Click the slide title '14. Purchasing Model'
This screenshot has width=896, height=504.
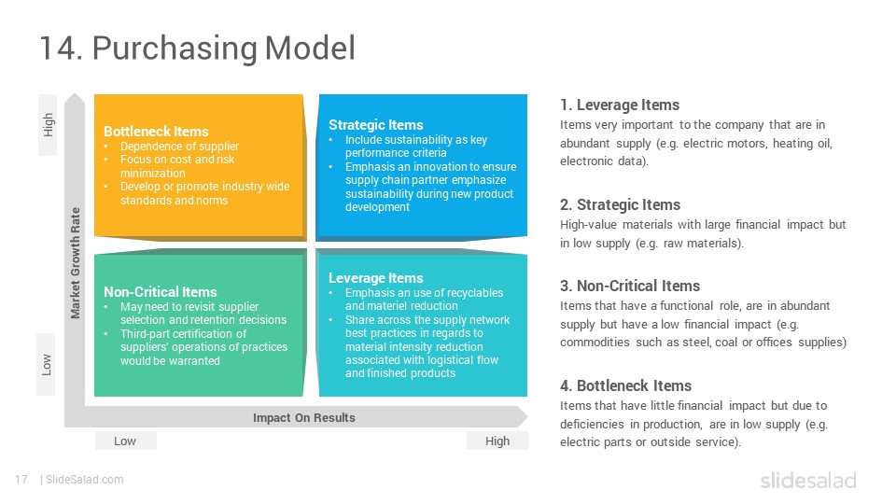pos(198,48)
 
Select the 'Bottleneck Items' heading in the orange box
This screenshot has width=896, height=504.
pos(156,132)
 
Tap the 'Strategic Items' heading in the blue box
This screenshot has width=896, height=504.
pos(376,125)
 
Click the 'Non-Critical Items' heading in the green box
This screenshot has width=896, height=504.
pos(161,292)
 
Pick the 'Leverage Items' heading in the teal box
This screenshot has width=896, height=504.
pos(376,278)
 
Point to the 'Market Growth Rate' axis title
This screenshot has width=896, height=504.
pos(75,263)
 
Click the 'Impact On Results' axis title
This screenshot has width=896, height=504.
pos(304,418)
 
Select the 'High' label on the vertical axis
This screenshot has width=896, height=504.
pos(48,124)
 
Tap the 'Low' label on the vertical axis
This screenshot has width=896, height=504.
pos(47,365)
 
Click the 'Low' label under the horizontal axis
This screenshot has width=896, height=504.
pos(124,441)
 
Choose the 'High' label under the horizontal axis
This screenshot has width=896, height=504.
pos(497,441)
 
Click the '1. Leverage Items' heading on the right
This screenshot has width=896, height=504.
pos(620,105)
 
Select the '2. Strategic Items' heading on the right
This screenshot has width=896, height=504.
pos(620,204)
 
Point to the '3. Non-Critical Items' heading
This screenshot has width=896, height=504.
pos(630,286)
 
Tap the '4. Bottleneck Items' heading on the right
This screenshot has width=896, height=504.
pos(625,385)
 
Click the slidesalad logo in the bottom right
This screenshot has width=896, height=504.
pos(808,480)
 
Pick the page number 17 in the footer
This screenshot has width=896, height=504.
pos(21,480)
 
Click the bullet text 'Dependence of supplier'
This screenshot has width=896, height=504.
pos(179,147)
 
